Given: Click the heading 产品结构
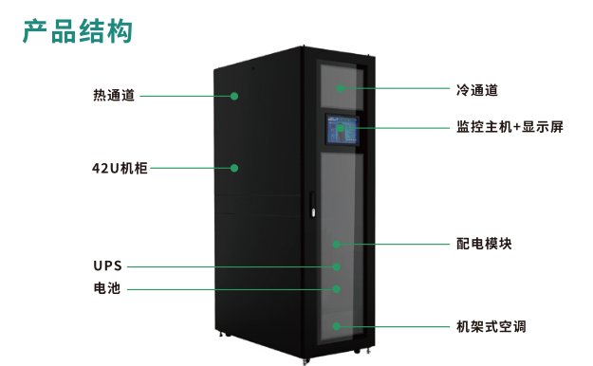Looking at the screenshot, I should [x=78, y=30].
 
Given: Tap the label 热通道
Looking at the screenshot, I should [x=114, y=95].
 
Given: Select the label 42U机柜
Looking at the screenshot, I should [x=113, y=168].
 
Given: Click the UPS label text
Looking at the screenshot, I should [x=107, y=266].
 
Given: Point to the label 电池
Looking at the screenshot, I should [x=107, y=288].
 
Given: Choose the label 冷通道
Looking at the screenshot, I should [x=477, y=90].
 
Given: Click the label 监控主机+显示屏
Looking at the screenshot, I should [x=510, y=126].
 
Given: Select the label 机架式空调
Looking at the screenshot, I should [x=491, y=326].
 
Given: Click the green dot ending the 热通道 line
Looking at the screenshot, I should [x=233, y=95].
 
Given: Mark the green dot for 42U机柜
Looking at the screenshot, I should [x=233, y=168].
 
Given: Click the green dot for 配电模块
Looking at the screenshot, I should [x=337, y=244].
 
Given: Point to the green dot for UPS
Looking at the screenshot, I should [x=336, y=266].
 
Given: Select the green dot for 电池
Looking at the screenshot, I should [x=336, y=288].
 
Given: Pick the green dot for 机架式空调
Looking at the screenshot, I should [x=337, y=326].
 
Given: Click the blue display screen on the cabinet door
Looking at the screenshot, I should [x=343, y=132].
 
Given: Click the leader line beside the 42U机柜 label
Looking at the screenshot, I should [x=190, y=168].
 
